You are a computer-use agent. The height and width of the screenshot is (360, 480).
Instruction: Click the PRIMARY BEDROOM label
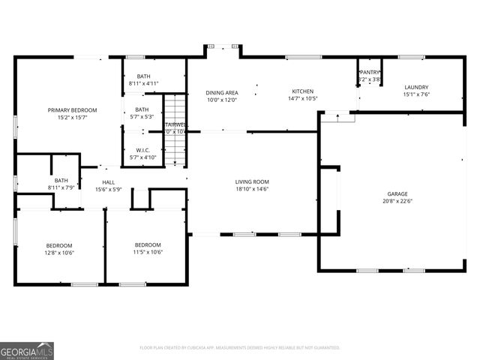point(72,110)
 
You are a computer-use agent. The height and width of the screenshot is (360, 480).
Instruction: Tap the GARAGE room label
point(397,193)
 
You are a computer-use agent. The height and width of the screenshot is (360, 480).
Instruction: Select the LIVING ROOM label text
point(252,181)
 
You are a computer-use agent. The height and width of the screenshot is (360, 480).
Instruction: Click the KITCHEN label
point(303,91)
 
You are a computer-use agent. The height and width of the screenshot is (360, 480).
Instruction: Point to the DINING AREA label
point(222,92)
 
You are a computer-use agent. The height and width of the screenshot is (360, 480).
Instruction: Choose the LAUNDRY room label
point(416,87)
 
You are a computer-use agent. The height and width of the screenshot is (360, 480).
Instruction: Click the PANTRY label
point(371,72)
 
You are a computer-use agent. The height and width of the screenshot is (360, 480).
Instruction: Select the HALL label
point(109,182)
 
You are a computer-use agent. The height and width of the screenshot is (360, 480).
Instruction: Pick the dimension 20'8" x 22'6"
point(397,201)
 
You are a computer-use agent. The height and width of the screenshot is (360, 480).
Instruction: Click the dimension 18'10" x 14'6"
point(252,189)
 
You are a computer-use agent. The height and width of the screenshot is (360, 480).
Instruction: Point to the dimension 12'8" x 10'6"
point(59,253)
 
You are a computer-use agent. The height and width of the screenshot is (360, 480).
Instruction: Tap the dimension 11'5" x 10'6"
point(148,253)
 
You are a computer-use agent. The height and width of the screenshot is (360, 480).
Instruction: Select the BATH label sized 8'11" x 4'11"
point(144,76)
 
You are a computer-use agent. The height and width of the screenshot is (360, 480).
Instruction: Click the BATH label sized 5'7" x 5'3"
point(142,109)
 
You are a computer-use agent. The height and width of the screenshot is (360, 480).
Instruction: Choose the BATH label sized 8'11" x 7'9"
point(61,180)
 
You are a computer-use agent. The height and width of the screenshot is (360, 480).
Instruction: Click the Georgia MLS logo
point(27,350)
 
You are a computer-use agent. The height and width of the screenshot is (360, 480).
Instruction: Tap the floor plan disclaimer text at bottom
point(240,347)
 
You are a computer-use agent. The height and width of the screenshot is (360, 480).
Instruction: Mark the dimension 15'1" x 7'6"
point(416,94)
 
